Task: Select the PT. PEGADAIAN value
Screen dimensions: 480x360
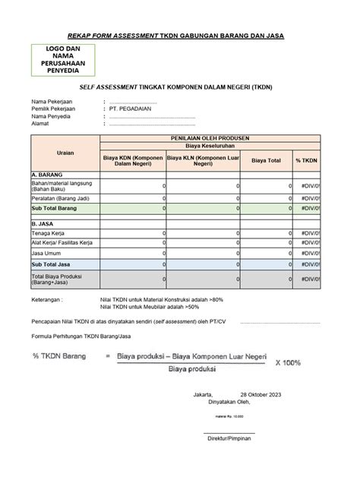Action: (x=131, y=109)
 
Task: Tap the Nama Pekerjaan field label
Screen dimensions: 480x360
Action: (x=55, y=101)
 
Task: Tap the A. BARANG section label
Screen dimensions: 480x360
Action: (x=47, y=174)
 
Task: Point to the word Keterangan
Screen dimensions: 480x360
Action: (x=47, y=300)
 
